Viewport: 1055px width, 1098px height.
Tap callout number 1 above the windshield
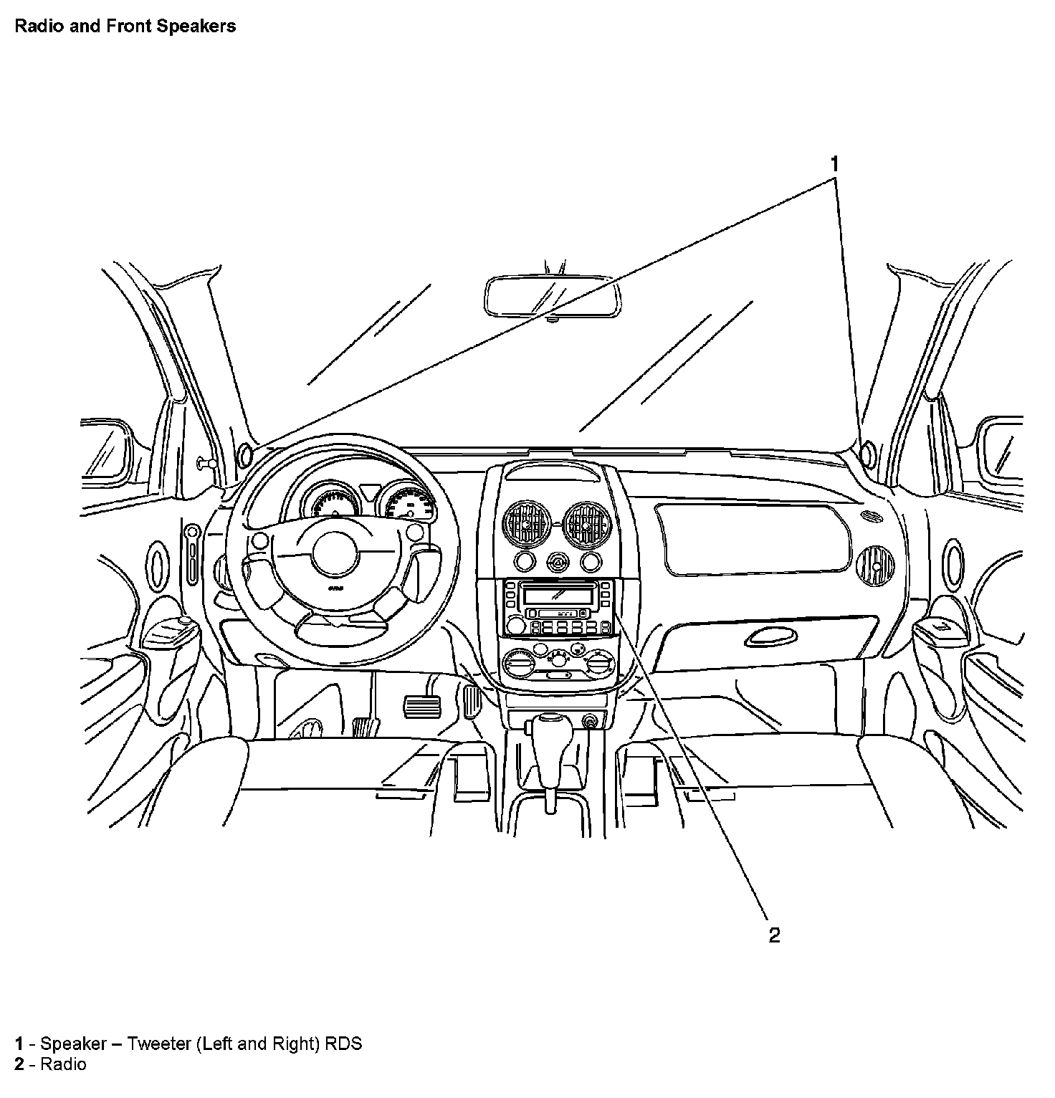coord(834,164)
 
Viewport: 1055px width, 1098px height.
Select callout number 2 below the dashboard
coord(774,935)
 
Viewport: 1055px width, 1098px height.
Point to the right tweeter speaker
coord(866,453)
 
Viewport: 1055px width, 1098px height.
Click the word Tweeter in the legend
coord(158,1043)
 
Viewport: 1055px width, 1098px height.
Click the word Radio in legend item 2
coord(63,1064)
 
